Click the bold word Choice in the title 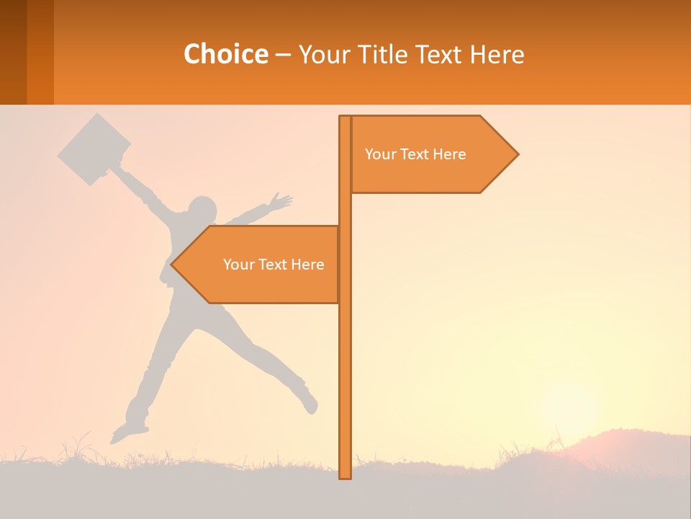coord(225,54)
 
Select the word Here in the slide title coord(497,54)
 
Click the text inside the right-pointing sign coord(415,154)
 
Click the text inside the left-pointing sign coord(274,265)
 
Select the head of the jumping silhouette coord(202,210)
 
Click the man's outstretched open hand coord(281,201)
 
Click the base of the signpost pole coord(345,472)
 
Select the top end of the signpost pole coord(345,120)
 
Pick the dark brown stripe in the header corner coord(13,52)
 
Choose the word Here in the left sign coord(307,265)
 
